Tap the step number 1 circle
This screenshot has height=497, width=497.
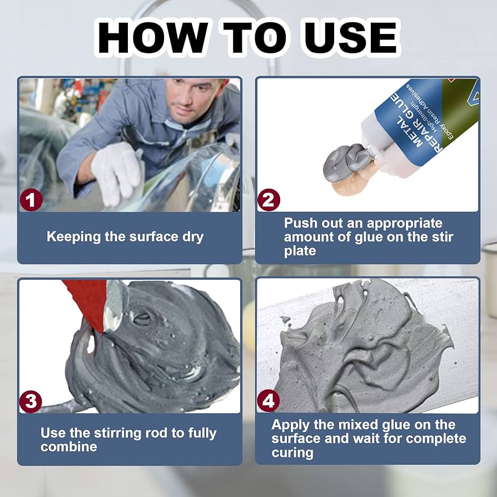31,200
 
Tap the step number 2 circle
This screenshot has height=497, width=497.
269,200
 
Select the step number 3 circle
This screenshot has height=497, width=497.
31,401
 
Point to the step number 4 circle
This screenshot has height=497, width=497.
268,401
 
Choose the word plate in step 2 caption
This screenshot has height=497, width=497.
300,251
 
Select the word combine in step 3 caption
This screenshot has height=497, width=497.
69,447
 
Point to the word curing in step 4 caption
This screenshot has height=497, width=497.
292,453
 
